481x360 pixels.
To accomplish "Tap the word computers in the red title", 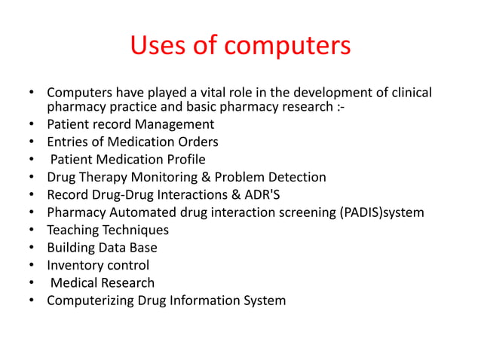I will click(x=287, y=46).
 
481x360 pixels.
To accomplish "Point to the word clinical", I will click(x=406, y=93).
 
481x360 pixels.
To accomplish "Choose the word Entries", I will click(x=69, y=142).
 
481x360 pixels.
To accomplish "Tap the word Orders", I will click(x=197, y=142).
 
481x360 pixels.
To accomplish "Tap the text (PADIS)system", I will click(x=384, y=213).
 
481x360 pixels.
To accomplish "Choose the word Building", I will click(x=72, y=248).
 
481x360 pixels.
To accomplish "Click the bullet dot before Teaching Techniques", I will click(x=31, y=230).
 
